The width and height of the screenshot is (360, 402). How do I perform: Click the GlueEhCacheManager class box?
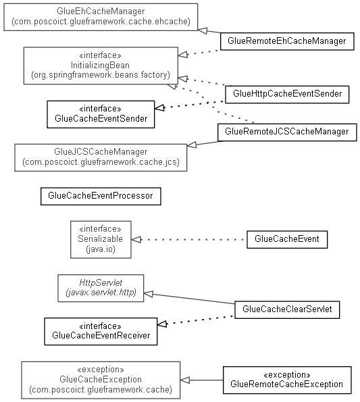click(x=101, y=17)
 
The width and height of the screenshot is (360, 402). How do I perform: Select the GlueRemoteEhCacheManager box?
click(x=287, y=41)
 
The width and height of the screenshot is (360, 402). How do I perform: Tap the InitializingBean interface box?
click(x=101, y=66)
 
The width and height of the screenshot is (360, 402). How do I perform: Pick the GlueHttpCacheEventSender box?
click(x=287, y=95)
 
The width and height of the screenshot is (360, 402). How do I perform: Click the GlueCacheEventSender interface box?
click(x=101, y=114)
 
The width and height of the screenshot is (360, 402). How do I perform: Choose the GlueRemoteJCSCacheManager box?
click(x=287, y=132)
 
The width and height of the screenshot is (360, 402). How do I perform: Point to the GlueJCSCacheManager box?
click(x=101, y=157)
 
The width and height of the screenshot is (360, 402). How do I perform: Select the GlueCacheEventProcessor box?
click(x=101, y=196)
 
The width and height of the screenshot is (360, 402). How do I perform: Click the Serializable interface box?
click(x=101, y=239)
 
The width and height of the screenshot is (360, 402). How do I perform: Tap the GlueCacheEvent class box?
click(x=287, y=239)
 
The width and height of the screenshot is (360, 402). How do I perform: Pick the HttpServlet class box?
click(x=101, y=288)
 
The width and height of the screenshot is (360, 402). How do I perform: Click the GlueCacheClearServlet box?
click(x=287, y=309)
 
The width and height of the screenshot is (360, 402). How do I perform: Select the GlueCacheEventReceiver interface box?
click(x=101, y=332)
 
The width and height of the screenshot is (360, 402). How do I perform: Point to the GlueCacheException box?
click(x=101, y=380)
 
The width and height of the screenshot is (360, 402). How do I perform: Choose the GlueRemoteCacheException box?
click(x=287, y=380)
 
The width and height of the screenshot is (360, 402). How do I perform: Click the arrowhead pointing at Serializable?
click(x=136, y=240)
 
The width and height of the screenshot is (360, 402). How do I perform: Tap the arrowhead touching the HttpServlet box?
click(x=149, y=294)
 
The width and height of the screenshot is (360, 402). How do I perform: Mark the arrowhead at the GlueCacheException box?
click(x=185, y=380)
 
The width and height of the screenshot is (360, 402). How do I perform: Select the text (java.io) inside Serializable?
click(x=101, y=249)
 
